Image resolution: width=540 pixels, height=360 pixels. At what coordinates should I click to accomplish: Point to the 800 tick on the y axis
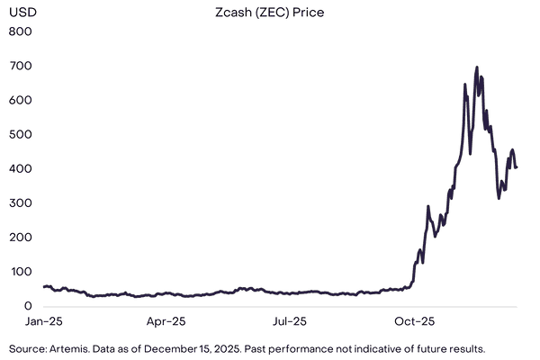(x=20, y=31)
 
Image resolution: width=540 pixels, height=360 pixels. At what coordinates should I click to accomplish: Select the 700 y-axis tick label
(x=20, y=66)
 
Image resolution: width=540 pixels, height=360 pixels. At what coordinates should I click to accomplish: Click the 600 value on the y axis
(x=20, y=100)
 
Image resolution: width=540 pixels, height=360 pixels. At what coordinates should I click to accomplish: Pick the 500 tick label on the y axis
(x=20, y=134)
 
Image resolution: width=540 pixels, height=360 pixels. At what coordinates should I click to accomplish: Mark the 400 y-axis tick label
(x=20, y=168)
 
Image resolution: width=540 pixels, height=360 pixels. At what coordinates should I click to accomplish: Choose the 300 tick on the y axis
(x=20, y=202)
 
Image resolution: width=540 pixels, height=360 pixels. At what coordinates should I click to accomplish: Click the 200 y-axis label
(x=20, y=237)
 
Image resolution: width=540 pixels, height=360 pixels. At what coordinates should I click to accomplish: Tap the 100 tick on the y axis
(x=20, y=271)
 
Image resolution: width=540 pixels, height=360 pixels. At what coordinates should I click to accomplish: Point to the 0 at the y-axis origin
(x=27, y=305)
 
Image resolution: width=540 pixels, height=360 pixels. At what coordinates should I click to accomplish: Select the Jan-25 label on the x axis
(x=44, y=320)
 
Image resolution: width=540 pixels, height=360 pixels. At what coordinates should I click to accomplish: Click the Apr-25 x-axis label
(x=166, y=320)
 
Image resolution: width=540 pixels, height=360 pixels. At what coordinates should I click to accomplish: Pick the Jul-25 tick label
(x=289, y=320)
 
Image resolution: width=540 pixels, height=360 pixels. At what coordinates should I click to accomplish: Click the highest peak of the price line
(x=476, y=67)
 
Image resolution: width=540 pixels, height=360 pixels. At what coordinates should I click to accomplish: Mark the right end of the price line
(x=517, y=166)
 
